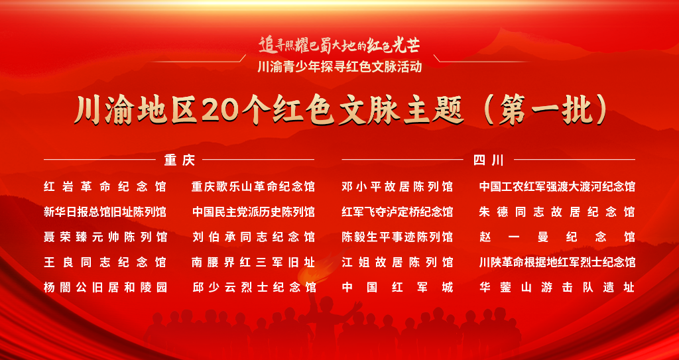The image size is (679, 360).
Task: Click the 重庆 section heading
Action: pyautogui.click(x=180, y=160)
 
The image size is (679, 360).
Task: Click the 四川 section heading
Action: pyautogui.click(x=489, y=160)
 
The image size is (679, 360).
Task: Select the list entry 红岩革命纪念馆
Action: pyautogui.click(x=105, y=187)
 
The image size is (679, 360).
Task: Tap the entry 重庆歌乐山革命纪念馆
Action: pyautogui.click(x=253, y=187)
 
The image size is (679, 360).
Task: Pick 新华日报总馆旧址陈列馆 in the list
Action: pyautogui.click(x=105, y=212)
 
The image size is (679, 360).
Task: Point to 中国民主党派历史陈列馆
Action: pyautogui.click(x=253, y=212)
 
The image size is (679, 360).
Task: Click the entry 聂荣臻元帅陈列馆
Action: pyautogui.click(x=105, y=237)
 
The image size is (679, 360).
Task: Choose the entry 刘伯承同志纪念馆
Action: pyautogui.click(x=253, y=237)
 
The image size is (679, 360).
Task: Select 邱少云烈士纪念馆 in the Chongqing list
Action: pyautogui.click(x=253, y=287)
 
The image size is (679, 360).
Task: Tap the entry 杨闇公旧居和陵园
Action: pyautogui.click(x=105, y=287)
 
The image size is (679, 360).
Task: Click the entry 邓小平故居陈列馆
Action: pyautogui.click(x=397, y=187)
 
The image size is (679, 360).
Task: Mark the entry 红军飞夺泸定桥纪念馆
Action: pyautogui.click(x=397, y=212)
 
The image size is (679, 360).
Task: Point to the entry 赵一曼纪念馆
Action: pyautogui.click(x=557, y=237)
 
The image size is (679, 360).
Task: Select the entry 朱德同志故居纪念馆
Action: pyautogui.click(x=557, y=212)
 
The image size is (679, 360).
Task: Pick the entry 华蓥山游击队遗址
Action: pyautogui.click(x=557, y=287)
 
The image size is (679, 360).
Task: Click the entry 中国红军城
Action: pyautogui.click(x=397, y=287)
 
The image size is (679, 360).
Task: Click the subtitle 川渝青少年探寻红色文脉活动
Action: pyautogui.click(x=339, y=68)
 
